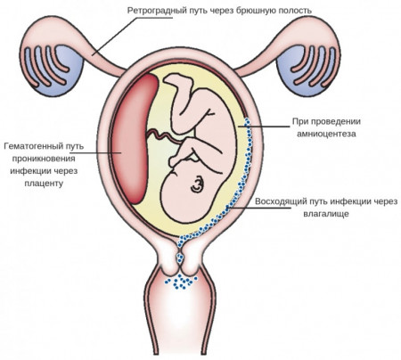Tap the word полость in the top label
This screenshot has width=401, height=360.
[295, 11]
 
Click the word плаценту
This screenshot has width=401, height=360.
[44, 184]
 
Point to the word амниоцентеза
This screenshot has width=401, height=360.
[326, 134]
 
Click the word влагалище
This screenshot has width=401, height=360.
[326, 214]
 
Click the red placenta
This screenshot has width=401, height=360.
[135, 139]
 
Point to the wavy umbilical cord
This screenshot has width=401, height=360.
[164, 136]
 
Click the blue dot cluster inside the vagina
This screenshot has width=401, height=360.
[182, 282]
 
